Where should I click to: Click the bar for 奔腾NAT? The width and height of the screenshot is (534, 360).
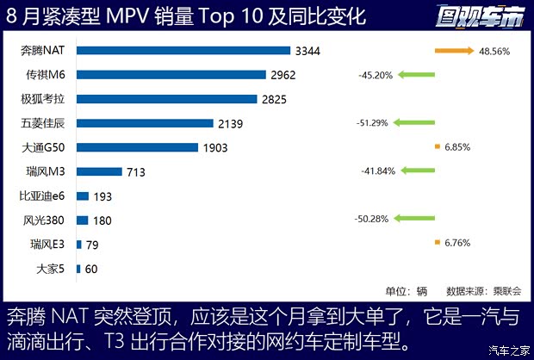(183, 51)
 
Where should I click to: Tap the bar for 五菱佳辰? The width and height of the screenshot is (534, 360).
(145, 123)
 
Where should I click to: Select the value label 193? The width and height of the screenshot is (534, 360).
(103, 196)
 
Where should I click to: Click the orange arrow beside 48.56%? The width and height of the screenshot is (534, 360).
(455, 51)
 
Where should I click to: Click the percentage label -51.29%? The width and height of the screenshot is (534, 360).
(372, 123)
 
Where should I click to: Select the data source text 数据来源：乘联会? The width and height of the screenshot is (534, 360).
(479, 291)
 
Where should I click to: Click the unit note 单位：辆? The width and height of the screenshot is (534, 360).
(405, 291)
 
